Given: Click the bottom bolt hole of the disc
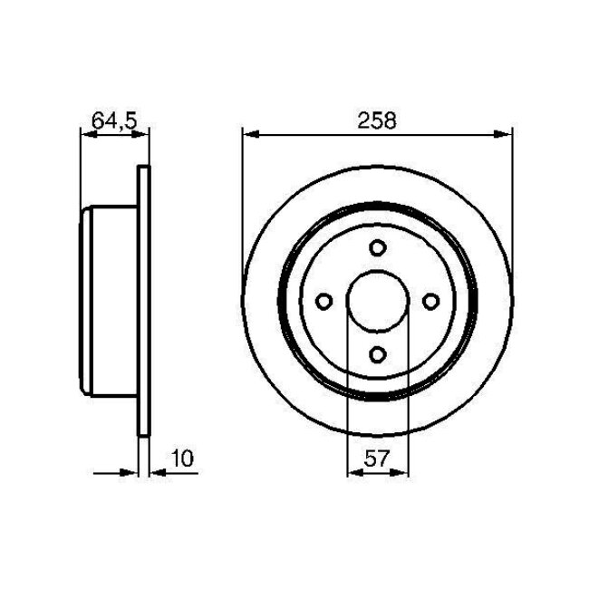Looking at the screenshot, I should [x=378, y=354].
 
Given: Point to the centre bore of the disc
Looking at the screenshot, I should [x=378, y=302].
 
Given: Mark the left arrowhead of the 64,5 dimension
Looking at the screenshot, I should [x=88, y=134].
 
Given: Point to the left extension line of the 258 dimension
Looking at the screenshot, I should [x=243, y=208].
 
